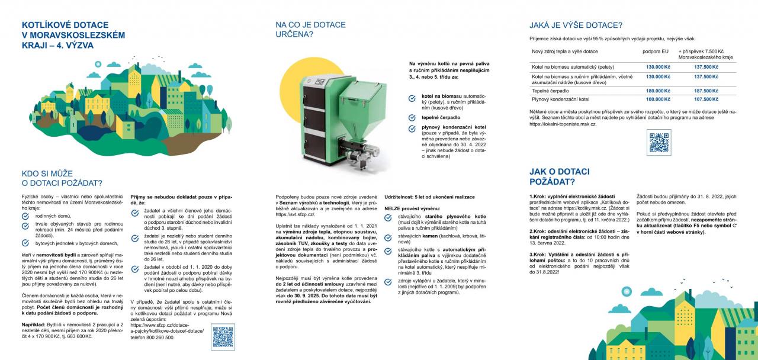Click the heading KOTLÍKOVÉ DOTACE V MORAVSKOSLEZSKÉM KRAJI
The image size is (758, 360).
click(73, 35)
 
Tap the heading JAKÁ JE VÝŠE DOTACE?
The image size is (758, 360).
click(576, 25)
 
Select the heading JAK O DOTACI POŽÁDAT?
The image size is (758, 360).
click(554, 176)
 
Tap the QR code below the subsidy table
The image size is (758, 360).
click(659, 143)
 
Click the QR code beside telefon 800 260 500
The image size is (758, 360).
click(223, 336)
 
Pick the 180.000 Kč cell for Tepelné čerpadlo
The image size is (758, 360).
click(658, 91)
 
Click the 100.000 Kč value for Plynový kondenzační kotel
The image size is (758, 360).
click(658, 99)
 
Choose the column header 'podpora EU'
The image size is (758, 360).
click(656, 52)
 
